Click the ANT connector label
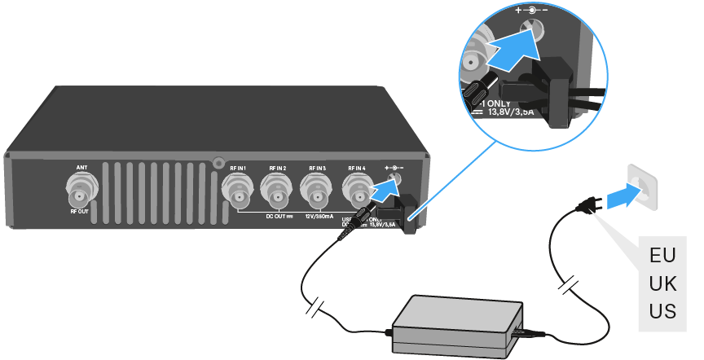[x=81, y=167]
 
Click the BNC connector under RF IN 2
[x=278, y=193]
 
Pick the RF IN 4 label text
[x=358, y=168]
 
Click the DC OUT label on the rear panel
[x=278, y=216]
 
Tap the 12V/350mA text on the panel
[x=317, y=216]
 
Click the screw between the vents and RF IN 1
[x=218, y=162]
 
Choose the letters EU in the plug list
[x=662, y=254]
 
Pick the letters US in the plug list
[x=662, y=310]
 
